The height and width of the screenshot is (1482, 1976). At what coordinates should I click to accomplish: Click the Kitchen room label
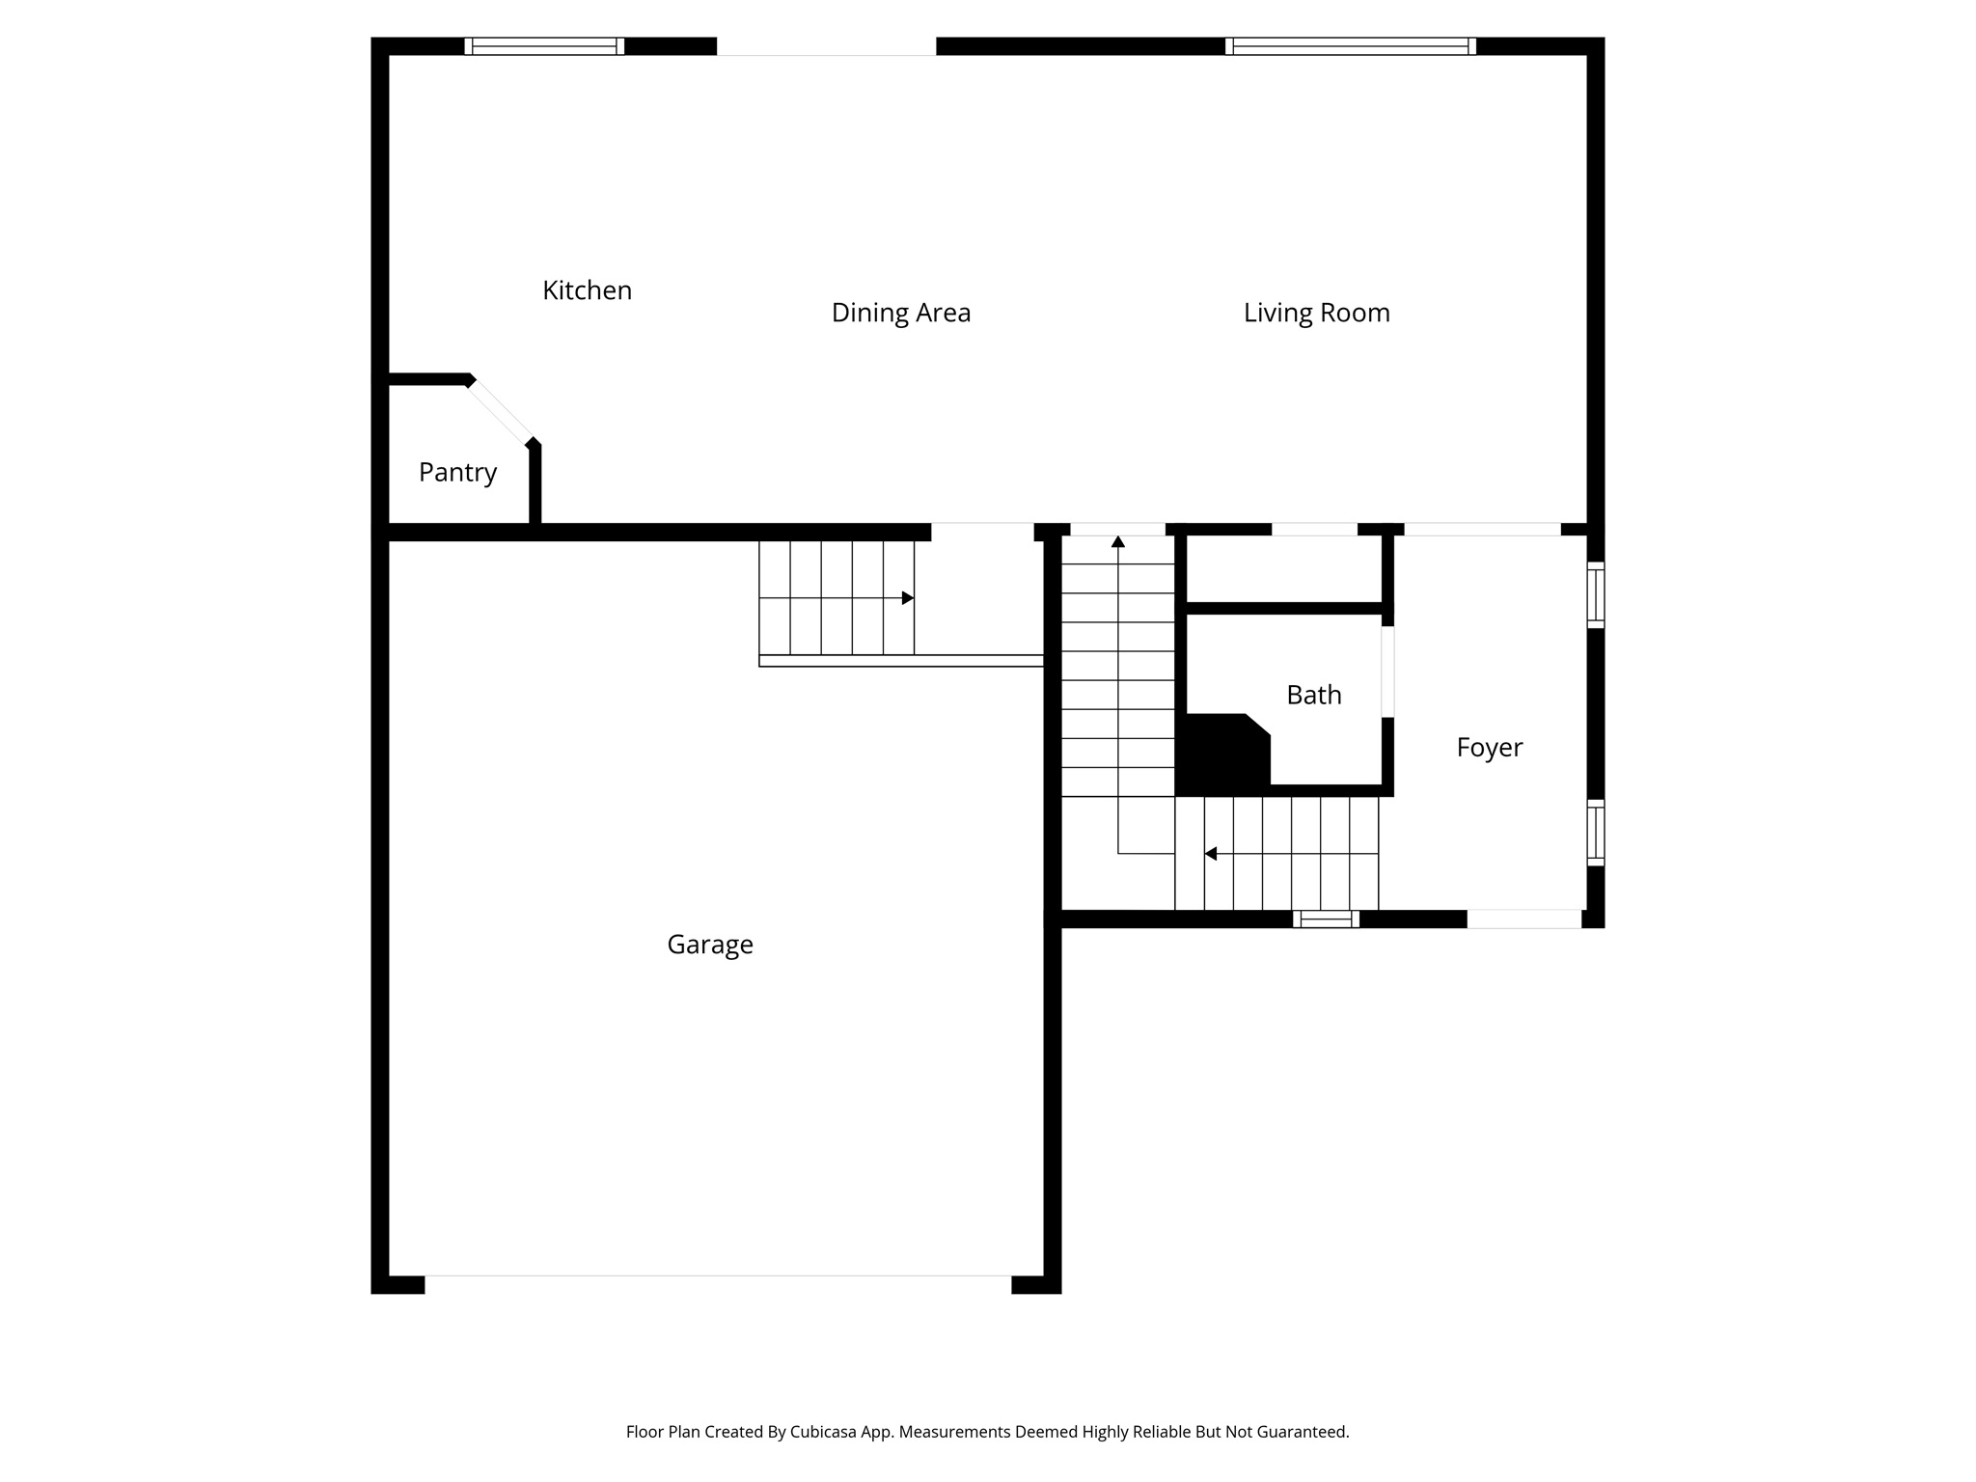point(587,290)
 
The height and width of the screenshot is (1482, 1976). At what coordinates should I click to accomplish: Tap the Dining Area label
point(900,313)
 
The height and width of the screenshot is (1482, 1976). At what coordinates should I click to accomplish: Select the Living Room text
point(1316,313)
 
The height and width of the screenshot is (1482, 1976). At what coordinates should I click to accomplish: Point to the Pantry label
point(457,473)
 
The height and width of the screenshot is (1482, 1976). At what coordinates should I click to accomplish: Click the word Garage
point(709,945)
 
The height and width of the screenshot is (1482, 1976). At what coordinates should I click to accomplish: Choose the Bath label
point(1313,695)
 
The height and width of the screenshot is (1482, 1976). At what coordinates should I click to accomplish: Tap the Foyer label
point(1489,748)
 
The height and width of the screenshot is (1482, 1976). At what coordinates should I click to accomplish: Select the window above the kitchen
point(544,46)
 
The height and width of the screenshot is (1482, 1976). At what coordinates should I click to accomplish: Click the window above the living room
point(1350,46)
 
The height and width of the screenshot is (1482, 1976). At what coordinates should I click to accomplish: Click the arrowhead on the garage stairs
point(908,598)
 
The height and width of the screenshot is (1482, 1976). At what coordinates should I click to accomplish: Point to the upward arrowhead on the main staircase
point(1118,541)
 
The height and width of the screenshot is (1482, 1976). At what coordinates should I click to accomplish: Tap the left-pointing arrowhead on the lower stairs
point(1210,854)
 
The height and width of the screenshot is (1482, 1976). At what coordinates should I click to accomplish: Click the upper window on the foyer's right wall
point(1596,595)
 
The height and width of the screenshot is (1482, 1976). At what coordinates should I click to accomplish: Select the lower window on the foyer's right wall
point(1596,833)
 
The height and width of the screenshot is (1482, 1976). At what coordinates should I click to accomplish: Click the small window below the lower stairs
point(1326,919)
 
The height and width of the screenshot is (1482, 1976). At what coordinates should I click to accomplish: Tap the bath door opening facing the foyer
point(1387,672)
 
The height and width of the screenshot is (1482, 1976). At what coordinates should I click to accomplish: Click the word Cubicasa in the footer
point(827,1432)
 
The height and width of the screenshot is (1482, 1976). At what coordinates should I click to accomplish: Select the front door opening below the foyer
point(1523,919)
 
